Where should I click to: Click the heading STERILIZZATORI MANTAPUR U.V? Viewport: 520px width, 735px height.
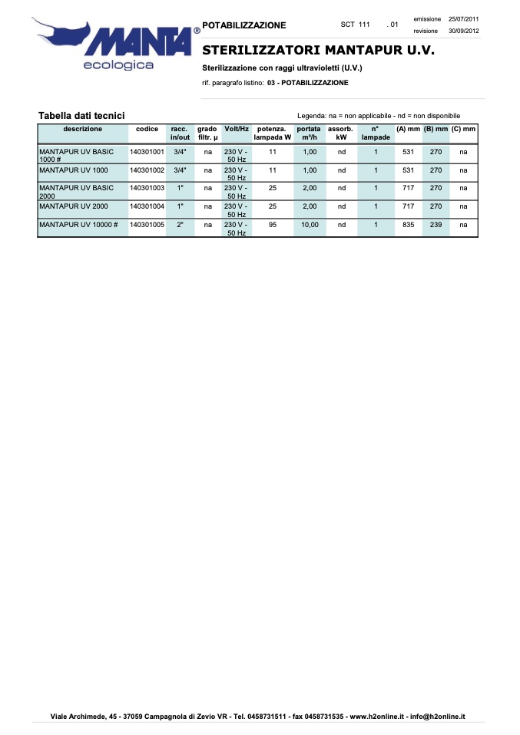(318, 51)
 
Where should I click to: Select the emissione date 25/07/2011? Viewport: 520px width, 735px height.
(463, 18)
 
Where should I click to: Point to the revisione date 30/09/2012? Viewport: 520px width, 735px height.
(463, 31)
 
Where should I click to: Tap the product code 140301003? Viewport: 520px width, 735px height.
(147, 188)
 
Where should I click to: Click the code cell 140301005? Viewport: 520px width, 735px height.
(147, 225)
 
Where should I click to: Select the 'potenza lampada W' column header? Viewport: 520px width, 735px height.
(273, 133)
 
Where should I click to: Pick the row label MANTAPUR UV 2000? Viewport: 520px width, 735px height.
(74, 206)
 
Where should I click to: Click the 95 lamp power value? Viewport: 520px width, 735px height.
(273, 225)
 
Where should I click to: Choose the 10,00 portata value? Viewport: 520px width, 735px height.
(310, 225)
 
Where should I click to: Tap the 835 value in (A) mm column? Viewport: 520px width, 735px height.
(409, 225)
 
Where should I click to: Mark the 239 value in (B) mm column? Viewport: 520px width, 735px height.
(436, 225)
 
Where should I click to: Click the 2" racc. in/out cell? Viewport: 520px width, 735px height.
(180, 225)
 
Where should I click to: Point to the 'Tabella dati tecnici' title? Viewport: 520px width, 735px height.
(81, 115)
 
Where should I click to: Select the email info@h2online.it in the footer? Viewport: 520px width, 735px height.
(438, 717)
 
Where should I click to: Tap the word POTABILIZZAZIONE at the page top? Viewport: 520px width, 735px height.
(243, 25)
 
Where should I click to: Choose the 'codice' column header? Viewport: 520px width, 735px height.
(147, 129)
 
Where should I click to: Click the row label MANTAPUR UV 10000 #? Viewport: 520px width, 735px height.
(78, 225)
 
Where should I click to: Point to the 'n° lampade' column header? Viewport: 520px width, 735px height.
(376, 133)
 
